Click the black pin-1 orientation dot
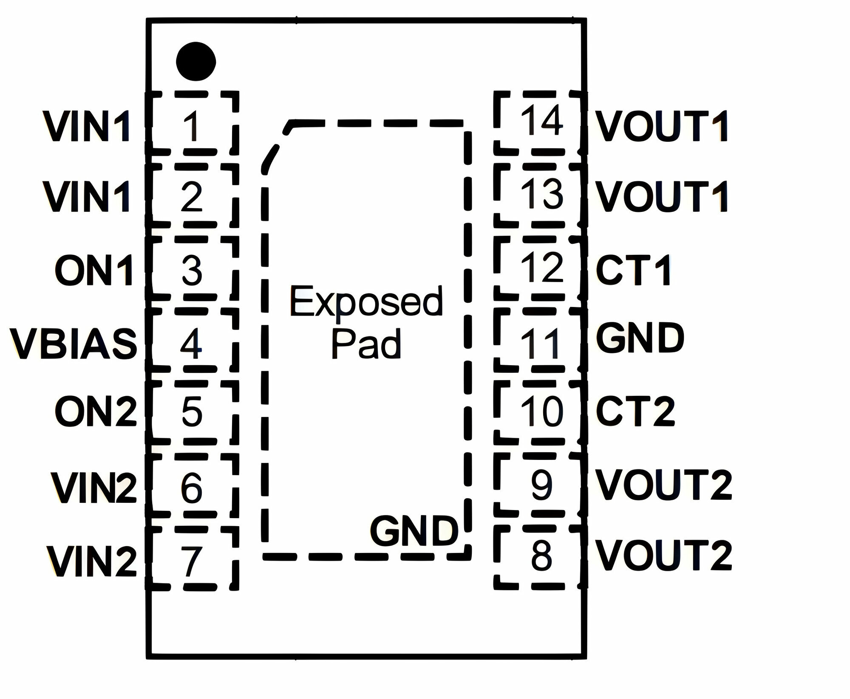[196, 61]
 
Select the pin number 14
[542, 121]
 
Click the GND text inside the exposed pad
[414, 531]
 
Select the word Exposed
[366, 301]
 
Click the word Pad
[366, 344]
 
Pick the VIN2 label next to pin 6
[94, 487]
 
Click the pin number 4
[191, 343]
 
